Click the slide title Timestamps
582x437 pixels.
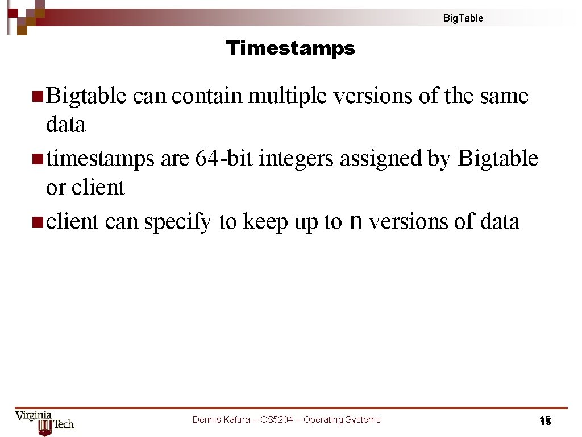(290, 48)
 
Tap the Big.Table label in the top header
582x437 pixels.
(463, 18)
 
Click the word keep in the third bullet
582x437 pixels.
(265, 222)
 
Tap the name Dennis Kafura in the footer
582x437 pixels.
(221, 420)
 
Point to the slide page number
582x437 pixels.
(545, 421)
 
